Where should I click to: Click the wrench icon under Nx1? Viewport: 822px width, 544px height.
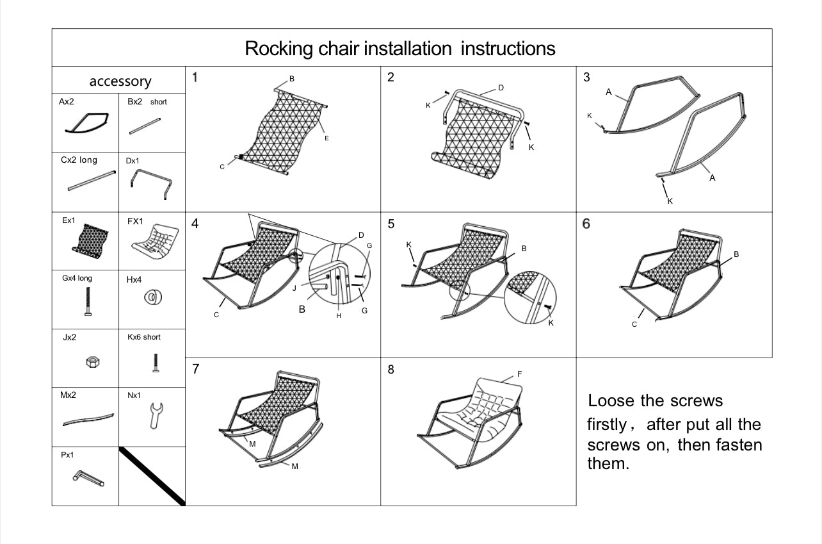(x=155, y=415)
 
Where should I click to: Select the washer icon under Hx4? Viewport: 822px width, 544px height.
(x=153, y=297)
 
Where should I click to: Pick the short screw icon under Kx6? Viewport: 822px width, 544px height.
(x=154, y=363)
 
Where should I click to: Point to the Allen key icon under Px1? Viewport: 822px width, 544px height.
(x=88, y=477)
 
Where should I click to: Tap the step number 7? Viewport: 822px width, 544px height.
(x=196, y=369)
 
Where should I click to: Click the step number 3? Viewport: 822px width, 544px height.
(x=586, y=78)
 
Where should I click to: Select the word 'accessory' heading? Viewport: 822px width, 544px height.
(x=120, y=81)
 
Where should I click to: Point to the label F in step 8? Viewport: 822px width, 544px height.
(x=519, y=374)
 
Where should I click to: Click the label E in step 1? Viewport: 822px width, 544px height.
(x=326, y=138)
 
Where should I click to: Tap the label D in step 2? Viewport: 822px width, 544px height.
(x=501, y=87)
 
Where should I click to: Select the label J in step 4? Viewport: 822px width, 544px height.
(x=294, y=288)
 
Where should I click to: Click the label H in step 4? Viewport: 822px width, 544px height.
(x=339, y=315)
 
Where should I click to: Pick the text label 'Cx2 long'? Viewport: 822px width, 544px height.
(x=79, y=160)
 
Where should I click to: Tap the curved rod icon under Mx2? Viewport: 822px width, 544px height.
(x=88, y=420)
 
